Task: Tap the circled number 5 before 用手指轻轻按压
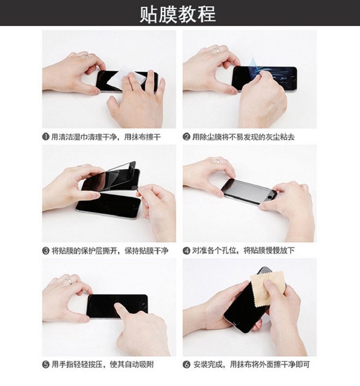pyautogui.click(x=46, y=364)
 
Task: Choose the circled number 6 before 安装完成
pyautogui.click(x=187, y=364)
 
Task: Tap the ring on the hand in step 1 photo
pyautogui.click(x=86, y=56)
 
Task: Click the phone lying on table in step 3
pyautogui.click(x=108, y=205)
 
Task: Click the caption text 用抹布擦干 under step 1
pyautogui.click(x=143, y=137)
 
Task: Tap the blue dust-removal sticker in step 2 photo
pyautogui.click(x=253, y=64)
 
